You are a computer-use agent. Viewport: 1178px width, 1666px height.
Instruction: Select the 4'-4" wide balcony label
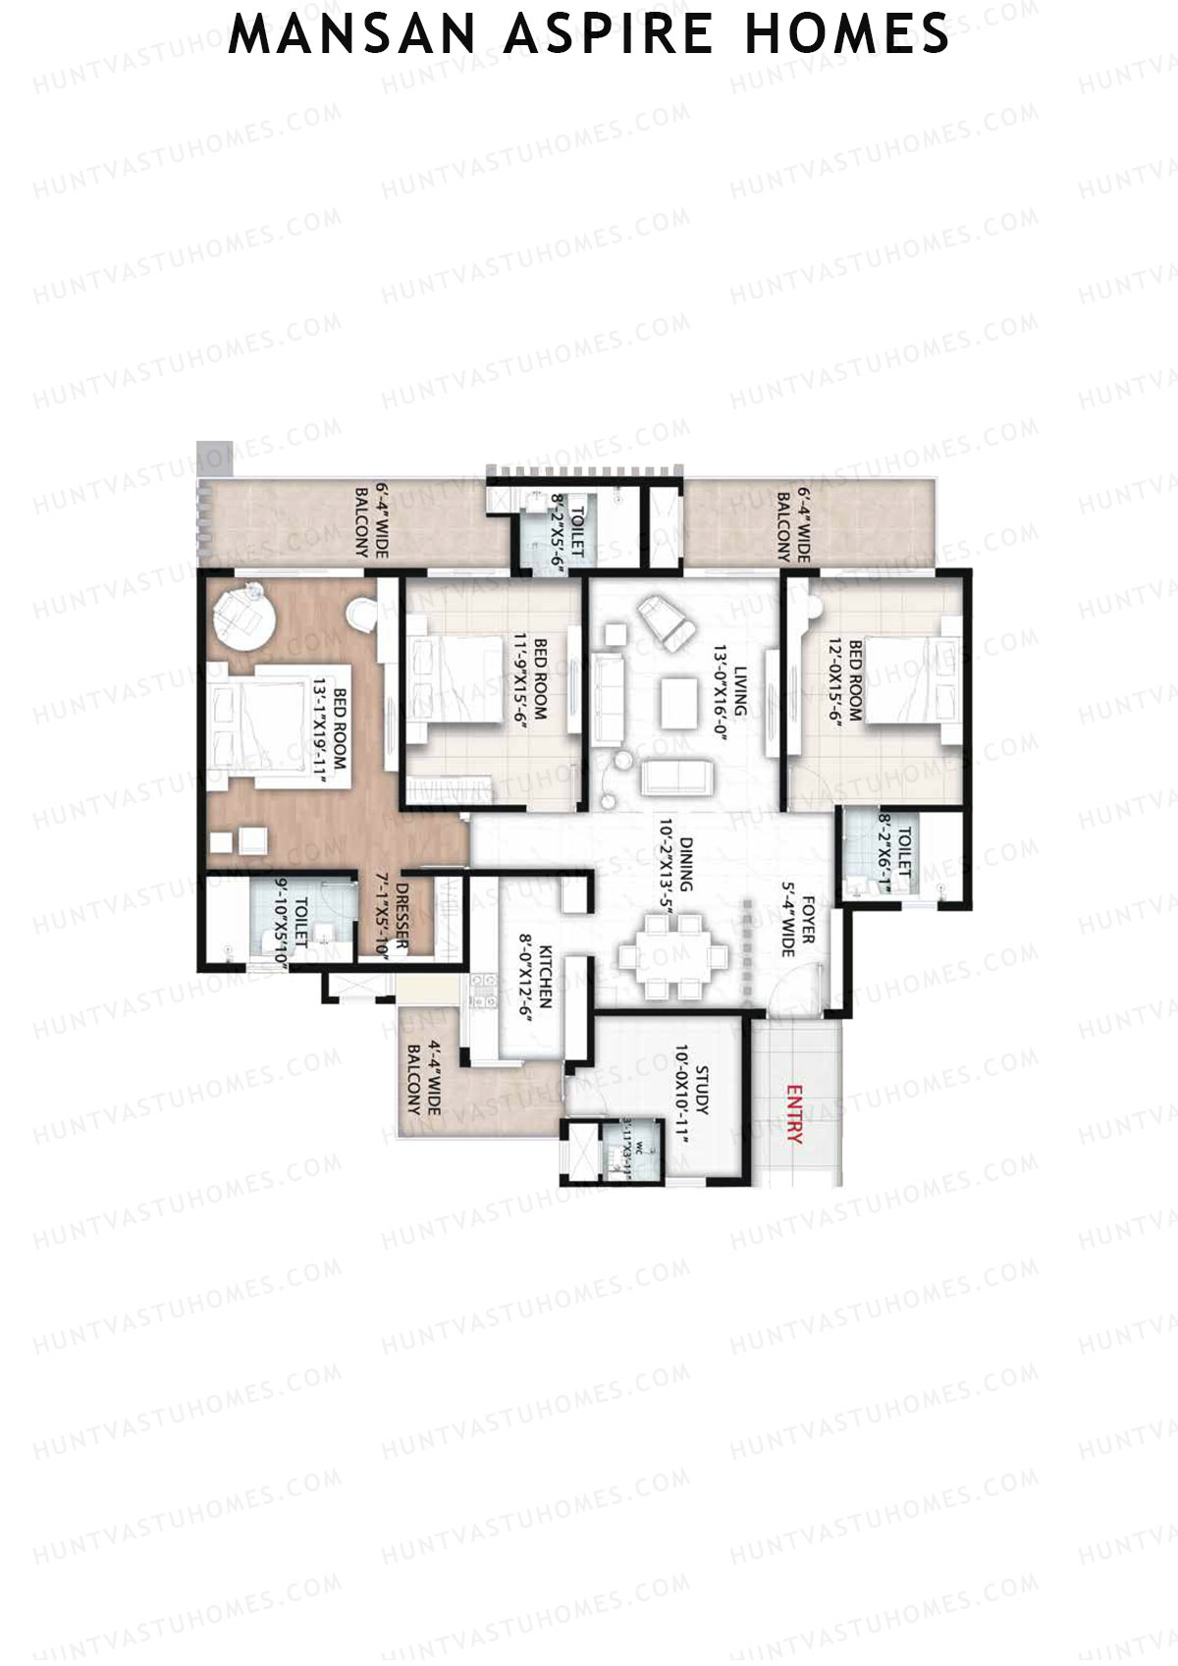423,1078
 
